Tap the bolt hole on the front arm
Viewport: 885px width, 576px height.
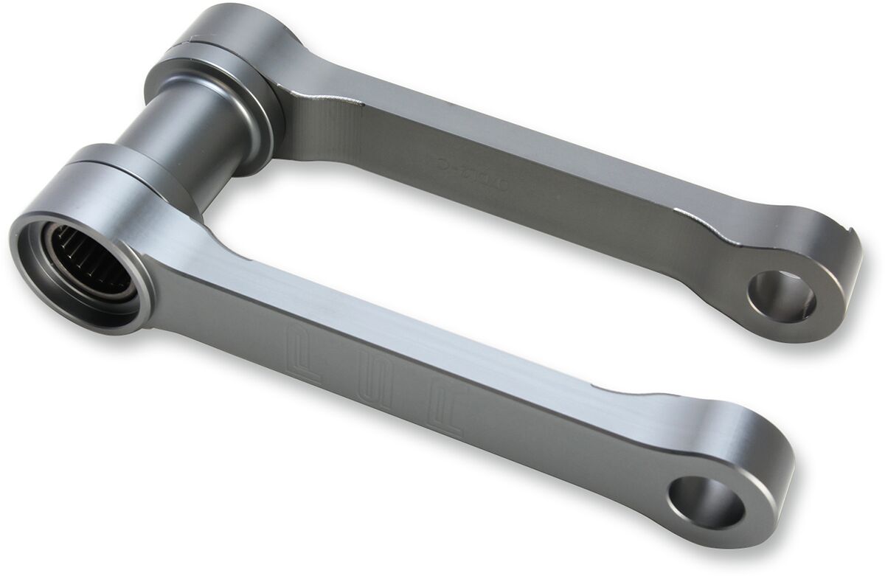(x=705, y=503)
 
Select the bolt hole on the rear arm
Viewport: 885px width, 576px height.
(x=780, y=296)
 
